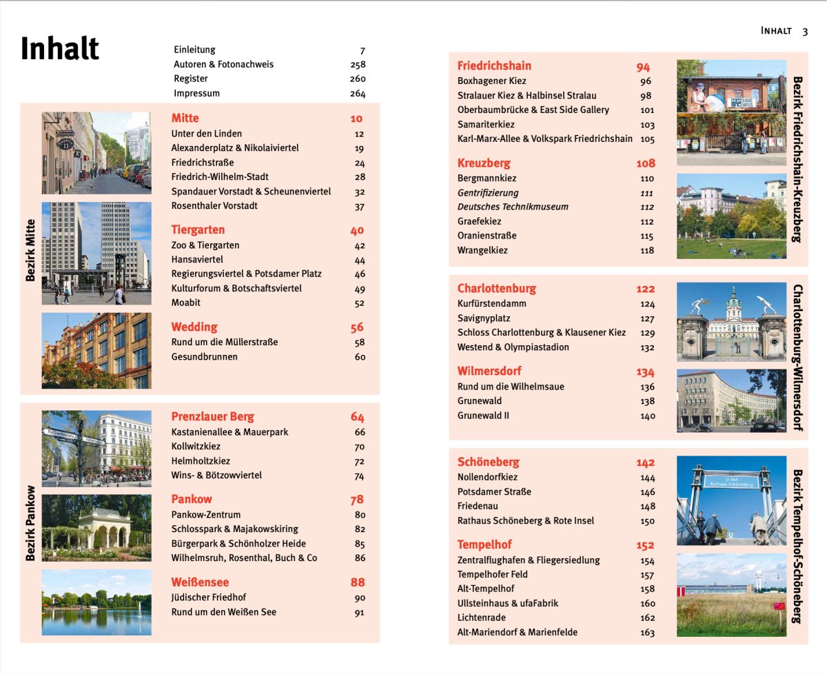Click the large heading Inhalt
pos(60,48)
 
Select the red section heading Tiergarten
pos(198,230)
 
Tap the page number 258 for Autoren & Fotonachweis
pos(357,64)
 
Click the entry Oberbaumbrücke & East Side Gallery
pos(533,110)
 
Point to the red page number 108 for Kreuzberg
pos(646,163)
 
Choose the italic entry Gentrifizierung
pos(488,193)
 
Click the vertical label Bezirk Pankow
pos(30,522)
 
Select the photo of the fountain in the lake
pos(96,602)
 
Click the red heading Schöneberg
pos(488,462)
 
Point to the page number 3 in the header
pos(804,31)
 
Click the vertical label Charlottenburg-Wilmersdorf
pos(798,358)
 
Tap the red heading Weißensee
pos(200,582)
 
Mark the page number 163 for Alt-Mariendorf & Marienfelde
pos(646,632)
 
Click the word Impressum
pos(196,93)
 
